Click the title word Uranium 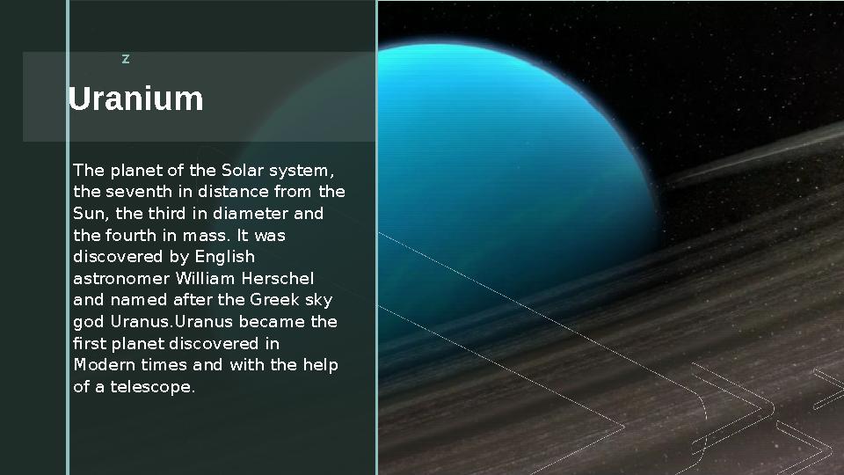[135, 99]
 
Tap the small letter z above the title [126, 59]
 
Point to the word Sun [89, 214]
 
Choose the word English [224, 257]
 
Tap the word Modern [101, 365]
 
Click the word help [321, 365]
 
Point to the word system [303, 170]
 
